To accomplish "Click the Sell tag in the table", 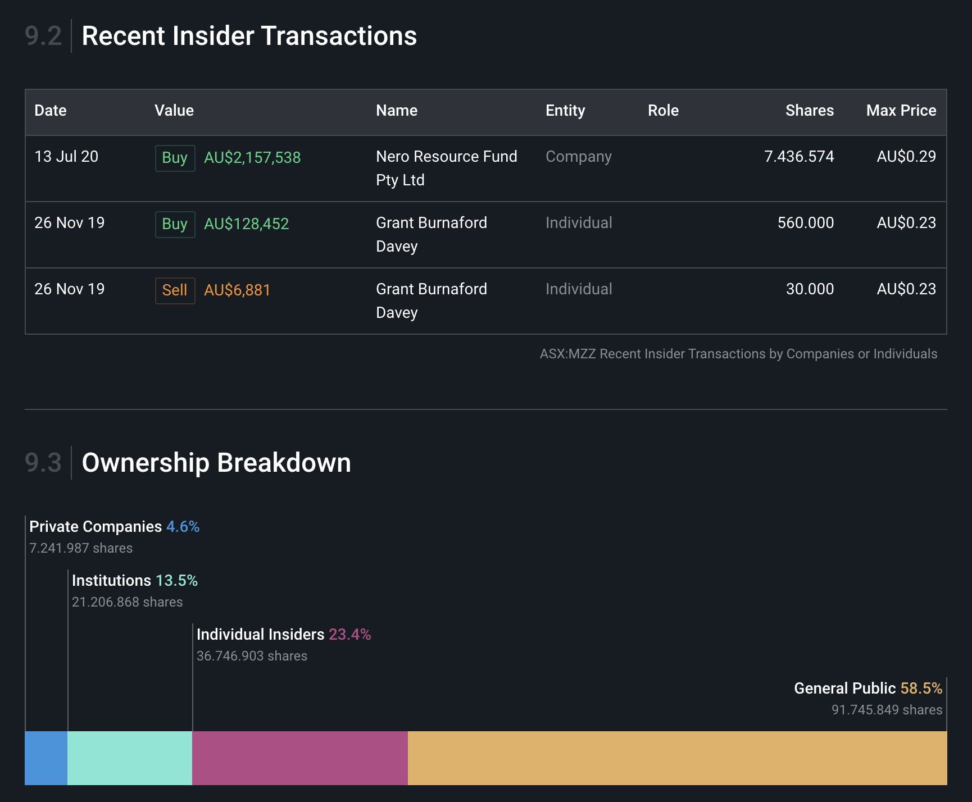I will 175,290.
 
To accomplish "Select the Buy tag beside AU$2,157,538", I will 175,158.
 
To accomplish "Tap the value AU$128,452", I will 246,224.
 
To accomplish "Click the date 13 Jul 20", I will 66,157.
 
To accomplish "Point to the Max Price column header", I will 901,111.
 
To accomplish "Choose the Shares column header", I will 809,111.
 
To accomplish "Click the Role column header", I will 663,111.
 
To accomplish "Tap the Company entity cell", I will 578,157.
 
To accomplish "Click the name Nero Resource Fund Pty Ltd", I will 446,168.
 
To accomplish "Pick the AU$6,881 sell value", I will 237,290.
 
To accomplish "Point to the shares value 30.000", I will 809,289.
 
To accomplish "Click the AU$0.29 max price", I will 906,157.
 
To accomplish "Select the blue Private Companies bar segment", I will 46,758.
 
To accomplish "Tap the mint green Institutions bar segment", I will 130,758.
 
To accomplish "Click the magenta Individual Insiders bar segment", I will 300,758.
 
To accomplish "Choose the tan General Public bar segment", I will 677,758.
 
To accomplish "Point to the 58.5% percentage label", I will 921,689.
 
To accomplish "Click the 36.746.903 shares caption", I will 252,656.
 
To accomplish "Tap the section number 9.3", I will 43,463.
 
